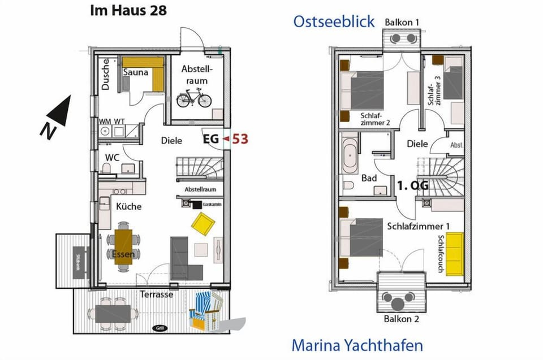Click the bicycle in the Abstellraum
point(193,100)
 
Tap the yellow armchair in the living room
point(204,223)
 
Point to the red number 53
point(240,138)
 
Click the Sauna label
point(136,72)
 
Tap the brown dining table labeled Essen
point(123,247)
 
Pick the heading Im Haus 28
point(128,11)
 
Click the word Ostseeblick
point(334,21)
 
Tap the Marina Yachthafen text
point(357,345)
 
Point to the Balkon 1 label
point(402,22)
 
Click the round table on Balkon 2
point(400,298)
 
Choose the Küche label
point(129,206)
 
